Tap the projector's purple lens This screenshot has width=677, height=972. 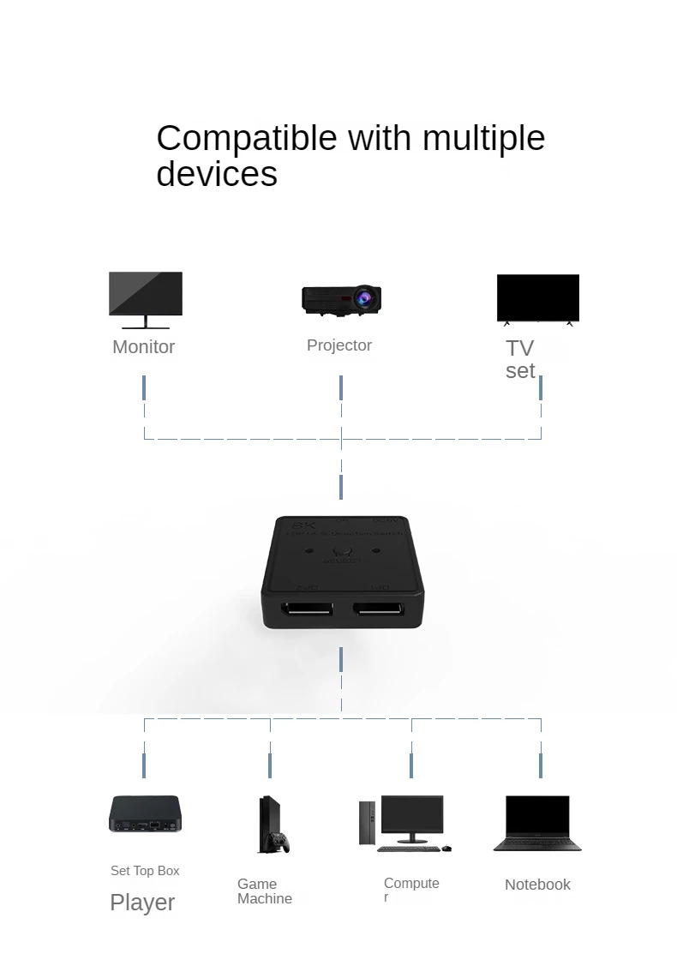(365, 298)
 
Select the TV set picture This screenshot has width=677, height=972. (537, 298)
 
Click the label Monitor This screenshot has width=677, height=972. (143, 346)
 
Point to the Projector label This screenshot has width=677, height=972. (339, 345)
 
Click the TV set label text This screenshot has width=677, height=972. (519, 359)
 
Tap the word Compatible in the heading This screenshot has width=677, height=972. (246, 138)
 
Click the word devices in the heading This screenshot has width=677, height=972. (217, 174)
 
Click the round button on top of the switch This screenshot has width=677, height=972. (343, 554)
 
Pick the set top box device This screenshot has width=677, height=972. (145, 813)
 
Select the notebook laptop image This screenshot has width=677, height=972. (537, 823)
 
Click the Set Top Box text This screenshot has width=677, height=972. (145, 871)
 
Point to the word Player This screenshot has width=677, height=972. (142, 902)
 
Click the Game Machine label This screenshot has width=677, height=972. (264, 891)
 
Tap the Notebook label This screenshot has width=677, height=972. (537, 885)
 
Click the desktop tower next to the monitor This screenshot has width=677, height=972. (367, 823)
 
